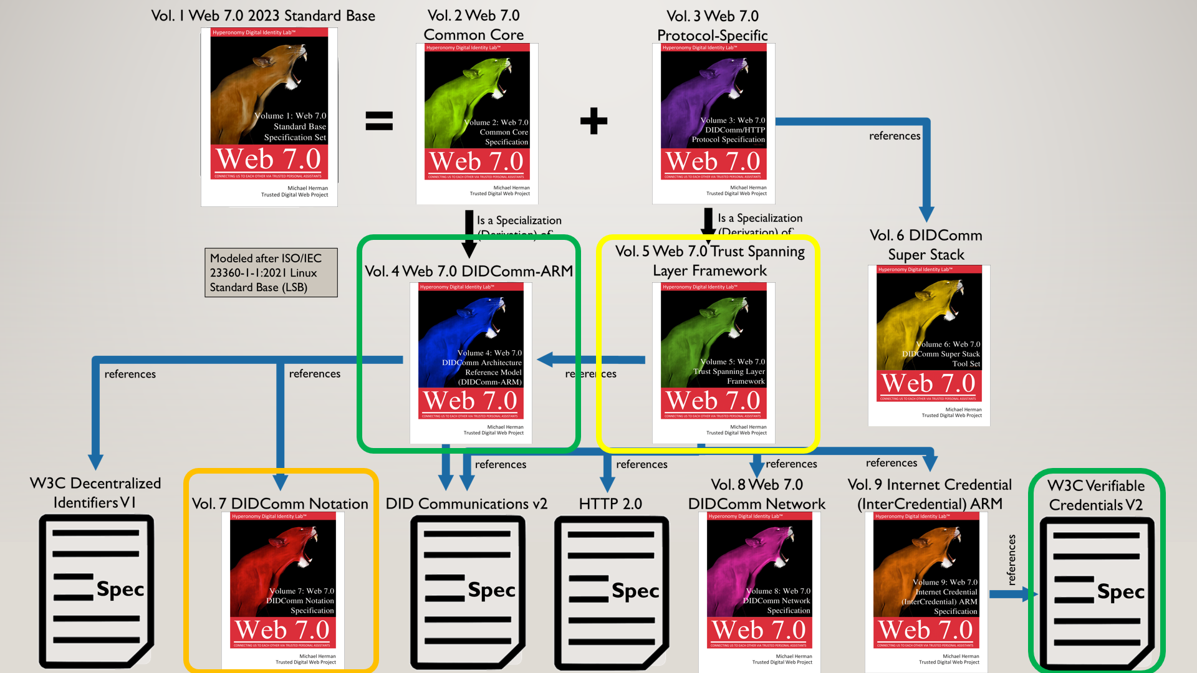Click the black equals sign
coord(379,120)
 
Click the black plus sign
coord(594,121)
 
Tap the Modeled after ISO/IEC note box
coord(271,273)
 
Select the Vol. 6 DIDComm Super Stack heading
coord(926,245)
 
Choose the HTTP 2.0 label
coord(610,504)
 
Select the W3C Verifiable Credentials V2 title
coord(1096,495)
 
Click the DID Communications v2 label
coord(466,504)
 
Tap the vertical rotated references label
coord(1011,560)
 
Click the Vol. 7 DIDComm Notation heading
coord(280,504)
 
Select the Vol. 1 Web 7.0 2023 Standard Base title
coord(263,16)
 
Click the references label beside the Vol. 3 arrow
coord(895,136)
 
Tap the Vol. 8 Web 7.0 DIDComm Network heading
coord(757,494)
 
